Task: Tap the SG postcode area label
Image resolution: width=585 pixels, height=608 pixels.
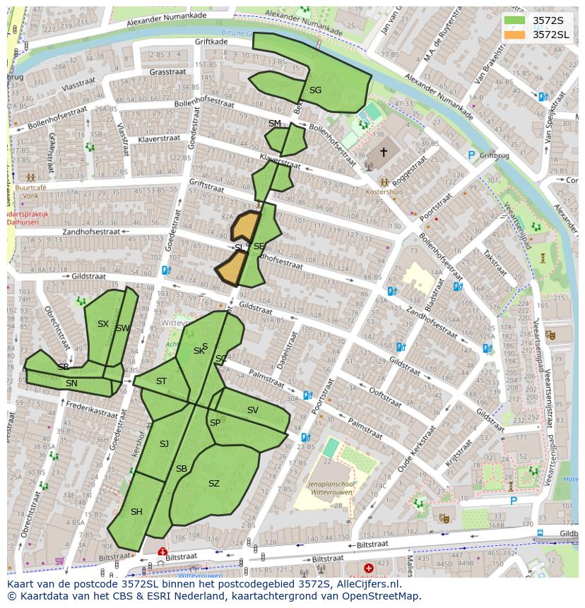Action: click(x=315, y=90)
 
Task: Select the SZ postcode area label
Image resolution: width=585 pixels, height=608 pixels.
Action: click(x=214, y=484)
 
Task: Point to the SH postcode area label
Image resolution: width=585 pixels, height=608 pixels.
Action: click(x=136, y=512)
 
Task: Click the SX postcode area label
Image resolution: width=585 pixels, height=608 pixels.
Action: click(x=103, y=324)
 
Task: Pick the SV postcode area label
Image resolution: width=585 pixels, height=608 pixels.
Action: click(x=252, y=410)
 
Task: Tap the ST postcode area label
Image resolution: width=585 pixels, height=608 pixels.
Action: click(x=161, y=381)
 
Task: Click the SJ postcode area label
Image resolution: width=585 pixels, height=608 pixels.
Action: click(x=164, y=444)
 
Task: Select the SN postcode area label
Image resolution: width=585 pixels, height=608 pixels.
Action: click(x=71, y=383)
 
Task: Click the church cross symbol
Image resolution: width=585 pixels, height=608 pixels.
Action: click(x=384, y=152)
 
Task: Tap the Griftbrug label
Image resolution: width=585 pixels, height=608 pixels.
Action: click(x=494, y=155)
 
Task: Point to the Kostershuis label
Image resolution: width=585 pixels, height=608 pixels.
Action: click(x=384, y=191)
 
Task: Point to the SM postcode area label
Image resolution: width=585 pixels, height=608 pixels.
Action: click(x=275, y=124)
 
